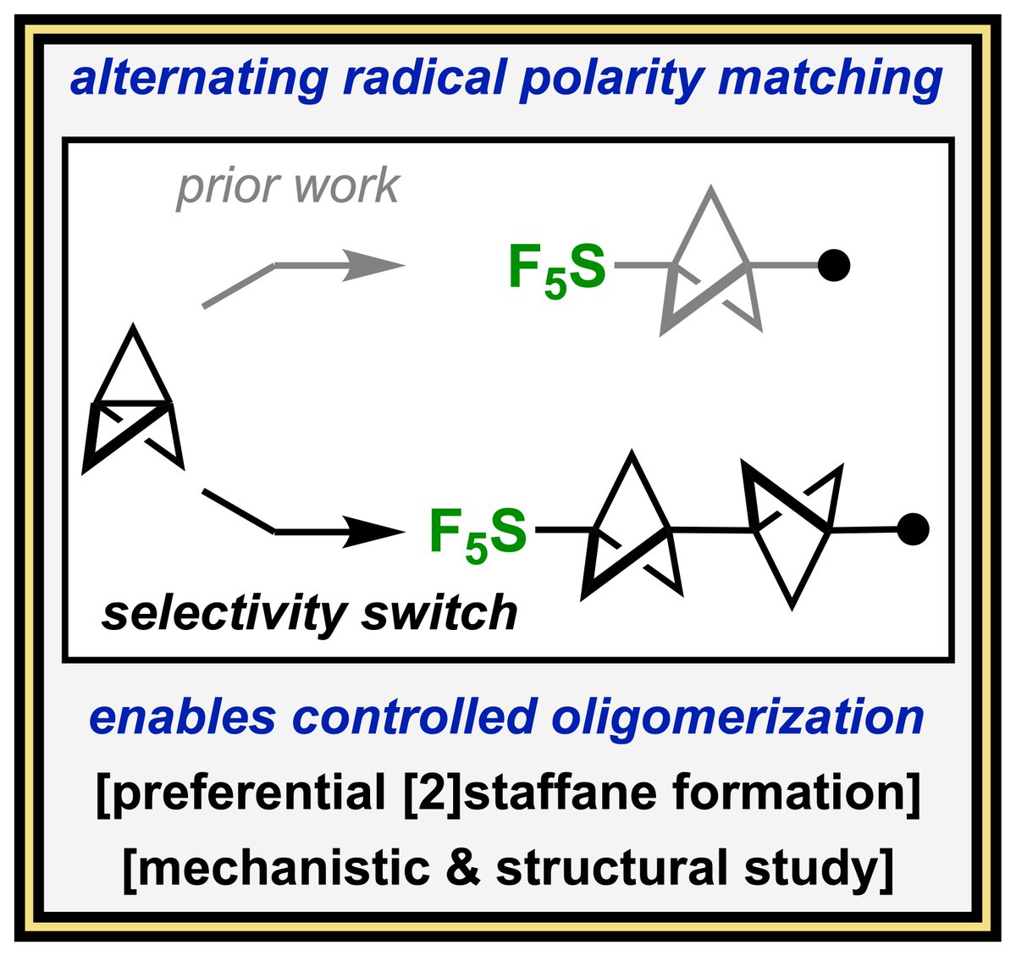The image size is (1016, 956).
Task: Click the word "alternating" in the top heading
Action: [198, 80]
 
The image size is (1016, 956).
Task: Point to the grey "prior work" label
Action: [288, 186]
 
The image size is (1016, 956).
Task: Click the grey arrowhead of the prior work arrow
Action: [381, 265]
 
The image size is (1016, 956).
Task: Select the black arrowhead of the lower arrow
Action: [381, 533]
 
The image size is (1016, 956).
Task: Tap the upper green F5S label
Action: [557, 269]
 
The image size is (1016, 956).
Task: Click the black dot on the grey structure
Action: [834, 265]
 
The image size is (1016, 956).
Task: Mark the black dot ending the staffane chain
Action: [913, 529]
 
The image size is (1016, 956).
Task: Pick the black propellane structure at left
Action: [133, 406]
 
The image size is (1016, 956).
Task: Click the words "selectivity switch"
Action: [310, 613]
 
